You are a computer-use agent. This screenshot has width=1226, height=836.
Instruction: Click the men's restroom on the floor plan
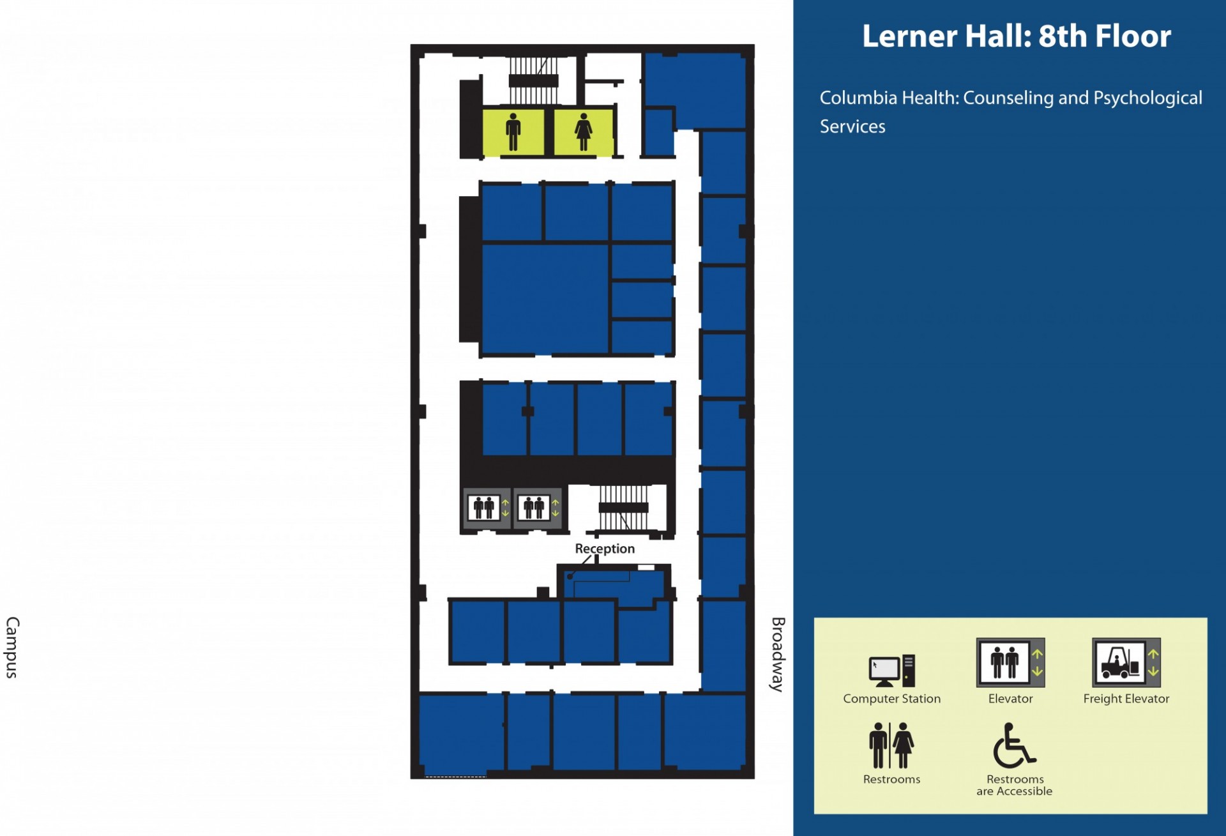[513, 132]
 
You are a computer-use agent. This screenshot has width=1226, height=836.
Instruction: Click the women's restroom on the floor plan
[583, 132]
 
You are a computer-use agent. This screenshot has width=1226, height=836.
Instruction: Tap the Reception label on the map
[605, 549]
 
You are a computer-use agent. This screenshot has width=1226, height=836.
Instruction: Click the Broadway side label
[777, 654]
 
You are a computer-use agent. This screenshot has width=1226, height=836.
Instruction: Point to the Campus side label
[12, 647]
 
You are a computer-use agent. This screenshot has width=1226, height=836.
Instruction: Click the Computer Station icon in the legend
[892, 671]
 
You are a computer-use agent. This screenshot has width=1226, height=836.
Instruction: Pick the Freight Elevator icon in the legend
[1126, 662]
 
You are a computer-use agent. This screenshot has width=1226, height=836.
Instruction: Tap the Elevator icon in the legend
[1010, 662]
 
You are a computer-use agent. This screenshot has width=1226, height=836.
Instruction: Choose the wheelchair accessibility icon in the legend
[1014, 745]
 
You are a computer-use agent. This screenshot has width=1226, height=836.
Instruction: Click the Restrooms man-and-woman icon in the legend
[891, 745]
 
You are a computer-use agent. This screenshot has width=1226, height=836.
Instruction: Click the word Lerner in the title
[909, 36]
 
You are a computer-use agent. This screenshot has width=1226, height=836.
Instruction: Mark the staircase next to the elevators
[624, 508]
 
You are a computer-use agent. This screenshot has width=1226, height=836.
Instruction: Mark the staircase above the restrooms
[534, 80]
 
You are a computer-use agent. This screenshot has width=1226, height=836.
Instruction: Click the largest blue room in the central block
[545, 298]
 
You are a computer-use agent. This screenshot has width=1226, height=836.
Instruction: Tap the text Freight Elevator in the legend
[1126, 699]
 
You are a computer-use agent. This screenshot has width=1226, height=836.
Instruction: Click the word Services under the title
[852, 126]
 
